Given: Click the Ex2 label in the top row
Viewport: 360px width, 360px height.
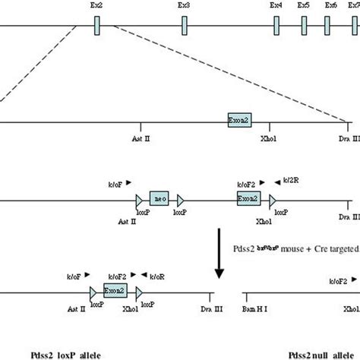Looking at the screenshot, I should [98, 5].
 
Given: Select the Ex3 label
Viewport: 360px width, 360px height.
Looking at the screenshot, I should [184, 5].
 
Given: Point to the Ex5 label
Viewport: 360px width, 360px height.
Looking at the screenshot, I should [304, 5].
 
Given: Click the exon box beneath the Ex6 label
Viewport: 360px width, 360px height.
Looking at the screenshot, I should [330, 26].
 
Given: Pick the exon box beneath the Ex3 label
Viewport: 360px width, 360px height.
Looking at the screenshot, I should [184, 26].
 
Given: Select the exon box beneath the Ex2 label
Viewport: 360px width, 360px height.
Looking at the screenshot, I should [98, 26].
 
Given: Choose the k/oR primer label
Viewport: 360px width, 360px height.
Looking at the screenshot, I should [159, 276].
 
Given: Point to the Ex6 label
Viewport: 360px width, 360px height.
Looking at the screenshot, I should [330, 5].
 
